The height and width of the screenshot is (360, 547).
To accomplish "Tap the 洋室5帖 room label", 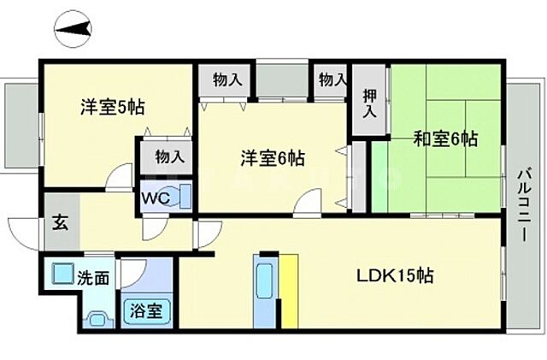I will pyautogui.click(x=112, y=107).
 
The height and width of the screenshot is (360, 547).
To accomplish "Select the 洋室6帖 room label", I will pyautogui.click(x=273, y=157).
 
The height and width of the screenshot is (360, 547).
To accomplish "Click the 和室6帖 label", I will pyautogui.click(x=446, y=137).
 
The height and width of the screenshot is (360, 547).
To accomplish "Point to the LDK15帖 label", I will pyautogui.click(x=396, y=276).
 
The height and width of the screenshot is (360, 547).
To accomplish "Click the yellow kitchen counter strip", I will pyautogui.click(x=289, y=291).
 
